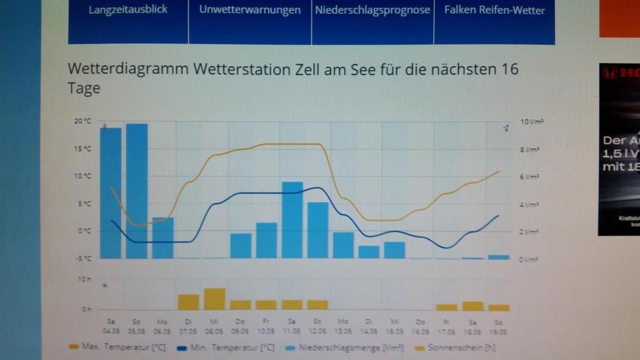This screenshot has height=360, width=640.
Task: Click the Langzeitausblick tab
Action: [x=128, y=10]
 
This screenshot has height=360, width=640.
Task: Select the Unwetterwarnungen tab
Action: [x=250, y=10]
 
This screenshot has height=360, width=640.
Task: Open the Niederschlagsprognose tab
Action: [x=372, y=10]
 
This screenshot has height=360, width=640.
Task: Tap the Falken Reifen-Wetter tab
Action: [x=494, y=10]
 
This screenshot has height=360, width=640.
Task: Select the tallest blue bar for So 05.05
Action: [x=137, y=191]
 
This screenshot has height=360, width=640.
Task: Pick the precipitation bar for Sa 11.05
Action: [x=292, y=220]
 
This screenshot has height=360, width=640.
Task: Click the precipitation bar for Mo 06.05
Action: [x=163, y=238]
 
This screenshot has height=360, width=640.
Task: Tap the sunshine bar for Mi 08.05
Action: [x=214, y=299]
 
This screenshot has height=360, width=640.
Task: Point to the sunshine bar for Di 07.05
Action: [x=188, y=302]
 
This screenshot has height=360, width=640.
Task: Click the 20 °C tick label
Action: [x=83, y=121]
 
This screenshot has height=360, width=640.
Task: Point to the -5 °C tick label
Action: [x=83, y=259]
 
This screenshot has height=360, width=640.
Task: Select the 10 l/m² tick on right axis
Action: [x=531, y=122]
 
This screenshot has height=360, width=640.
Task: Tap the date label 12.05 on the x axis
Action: [x=318, y=331]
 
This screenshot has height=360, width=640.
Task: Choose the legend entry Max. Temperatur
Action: [x=123, y=347]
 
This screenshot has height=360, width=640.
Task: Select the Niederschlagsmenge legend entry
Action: [x=350, y=347]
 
